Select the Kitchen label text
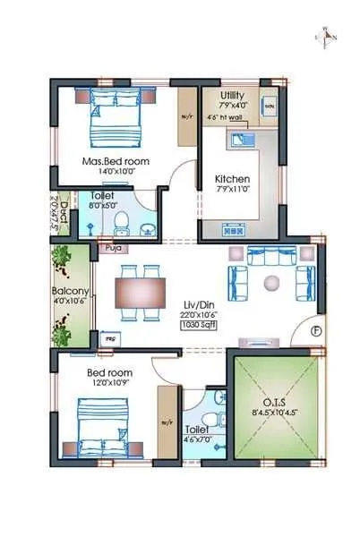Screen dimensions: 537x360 232,179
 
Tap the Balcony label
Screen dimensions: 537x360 69,292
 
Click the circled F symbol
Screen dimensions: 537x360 315,330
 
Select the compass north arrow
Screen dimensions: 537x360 327,36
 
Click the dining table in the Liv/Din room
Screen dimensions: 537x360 141,292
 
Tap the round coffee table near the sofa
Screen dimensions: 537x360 270,284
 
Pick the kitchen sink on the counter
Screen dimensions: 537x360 242,140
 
